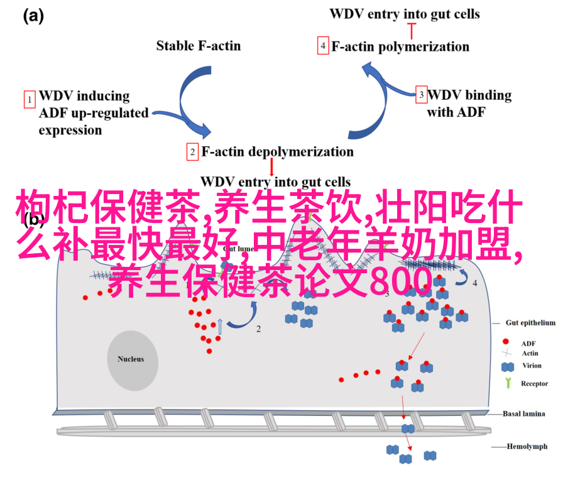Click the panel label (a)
(x=33, y=17)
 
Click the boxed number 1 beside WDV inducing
(x=29, y=99)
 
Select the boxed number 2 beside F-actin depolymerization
(x=192, y=152)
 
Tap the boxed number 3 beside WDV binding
(x=422, y=95)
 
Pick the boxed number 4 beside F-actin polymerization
(x=323, y=46)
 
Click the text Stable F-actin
(x=198, y=45)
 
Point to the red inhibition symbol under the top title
(x=412, y=28)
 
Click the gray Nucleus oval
(x=131, y=359)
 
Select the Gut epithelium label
(x=530, y=323)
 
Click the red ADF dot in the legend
(x=506, y=343)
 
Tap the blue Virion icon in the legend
(x=506, y=366)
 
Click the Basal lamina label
(x=524, y=413)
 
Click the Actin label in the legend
(x=529, y=353)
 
